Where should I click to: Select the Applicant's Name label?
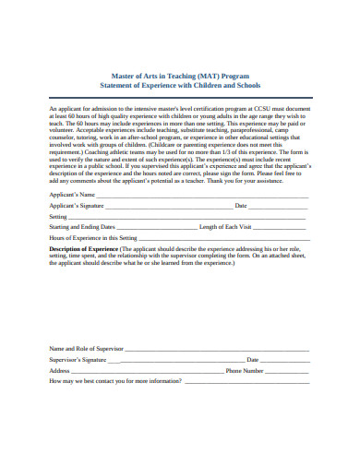[x=71, y=196]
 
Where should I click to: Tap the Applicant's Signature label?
[x=77, y=206]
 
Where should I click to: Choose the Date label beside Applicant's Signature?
[x=241, y=206]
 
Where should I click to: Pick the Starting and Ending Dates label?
[x=82, y=226]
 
